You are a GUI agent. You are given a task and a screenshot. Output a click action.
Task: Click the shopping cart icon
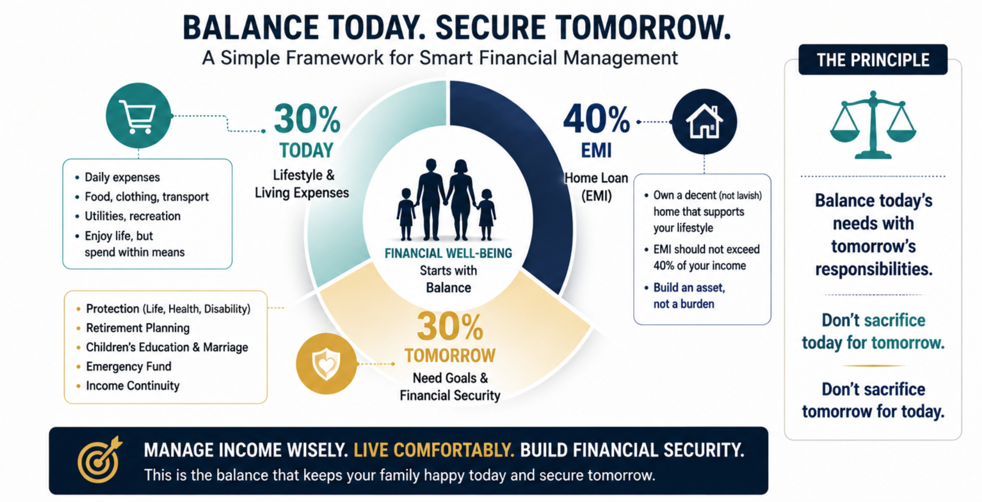[138, 116]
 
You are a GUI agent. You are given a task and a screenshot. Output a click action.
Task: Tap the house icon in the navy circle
[704, 122]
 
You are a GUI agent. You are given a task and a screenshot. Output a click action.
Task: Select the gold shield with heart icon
[326, 364]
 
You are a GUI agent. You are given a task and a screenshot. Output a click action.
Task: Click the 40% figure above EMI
[596, 119]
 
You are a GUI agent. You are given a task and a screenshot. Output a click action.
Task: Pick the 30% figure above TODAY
[307, 119]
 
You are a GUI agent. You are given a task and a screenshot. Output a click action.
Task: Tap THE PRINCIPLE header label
[873, 59]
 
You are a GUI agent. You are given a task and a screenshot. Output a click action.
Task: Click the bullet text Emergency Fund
[129, 366]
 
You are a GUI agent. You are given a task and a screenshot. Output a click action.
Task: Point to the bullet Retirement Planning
[138, 328]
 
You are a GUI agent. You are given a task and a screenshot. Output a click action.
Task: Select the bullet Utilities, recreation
[133, 216]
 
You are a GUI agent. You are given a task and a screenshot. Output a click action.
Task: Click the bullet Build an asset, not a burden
[689, 295]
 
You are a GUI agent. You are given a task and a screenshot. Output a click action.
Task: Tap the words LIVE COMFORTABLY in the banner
[433, 450]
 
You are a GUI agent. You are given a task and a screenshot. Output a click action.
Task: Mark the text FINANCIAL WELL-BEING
[448, 253]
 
